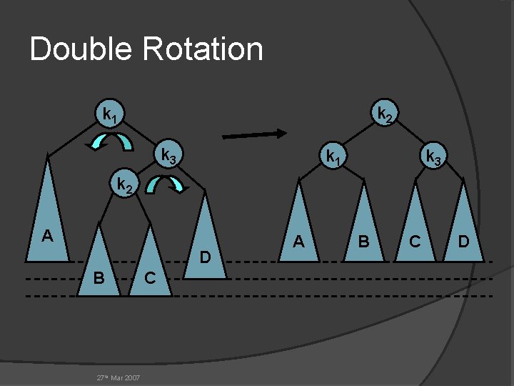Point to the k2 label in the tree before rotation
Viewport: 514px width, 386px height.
coord(124,186)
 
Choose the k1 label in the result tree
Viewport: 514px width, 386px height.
coord(333,155)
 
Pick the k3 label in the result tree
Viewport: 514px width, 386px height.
coord(433,155)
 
